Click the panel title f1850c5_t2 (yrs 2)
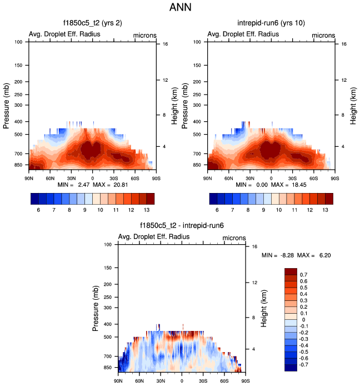click(x=92, y=23)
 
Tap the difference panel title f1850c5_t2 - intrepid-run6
click(x=182, y=226)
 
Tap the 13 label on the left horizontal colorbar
click(x=146, y=211)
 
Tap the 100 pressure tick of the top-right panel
click(x=199, y=42)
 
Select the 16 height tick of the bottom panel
click(x=254, y=246)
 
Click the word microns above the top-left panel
click(x=144, y=35)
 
